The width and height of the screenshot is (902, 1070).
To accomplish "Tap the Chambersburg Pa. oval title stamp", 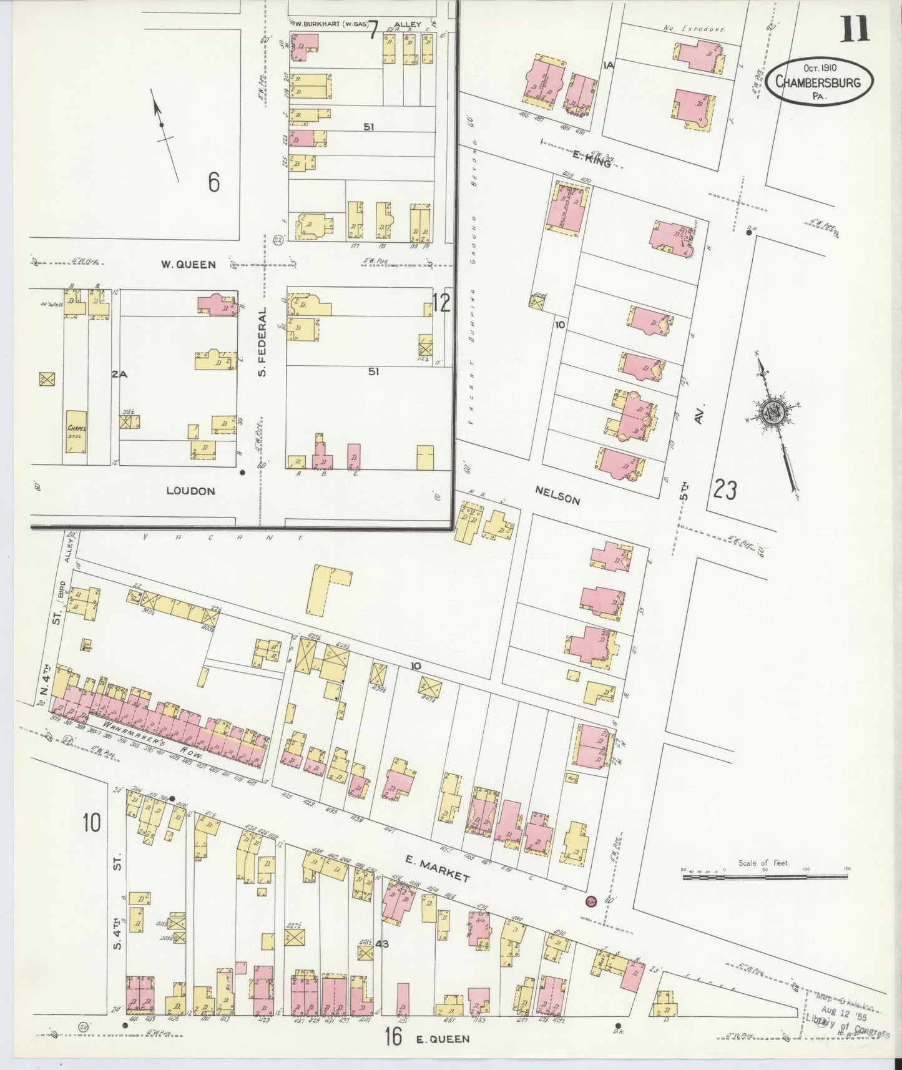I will click(x=819, y=81).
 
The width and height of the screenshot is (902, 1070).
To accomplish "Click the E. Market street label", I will click(x=437, y=868).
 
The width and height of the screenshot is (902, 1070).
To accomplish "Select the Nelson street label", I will click(x=557, y=496).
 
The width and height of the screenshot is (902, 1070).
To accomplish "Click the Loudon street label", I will click(x=190, y=491).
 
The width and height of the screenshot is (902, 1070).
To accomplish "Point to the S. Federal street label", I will click(x=262, y=341).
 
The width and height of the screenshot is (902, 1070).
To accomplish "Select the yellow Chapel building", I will click(x=77, y=431).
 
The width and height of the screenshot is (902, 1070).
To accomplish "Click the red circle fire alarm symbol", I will click(x=591, y=901).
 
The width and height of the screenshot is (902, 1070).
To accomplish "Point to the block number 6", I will click(x=213, y=182).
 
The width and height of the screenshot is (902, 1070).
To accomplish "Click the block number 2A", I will click(x=119, y=375).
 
